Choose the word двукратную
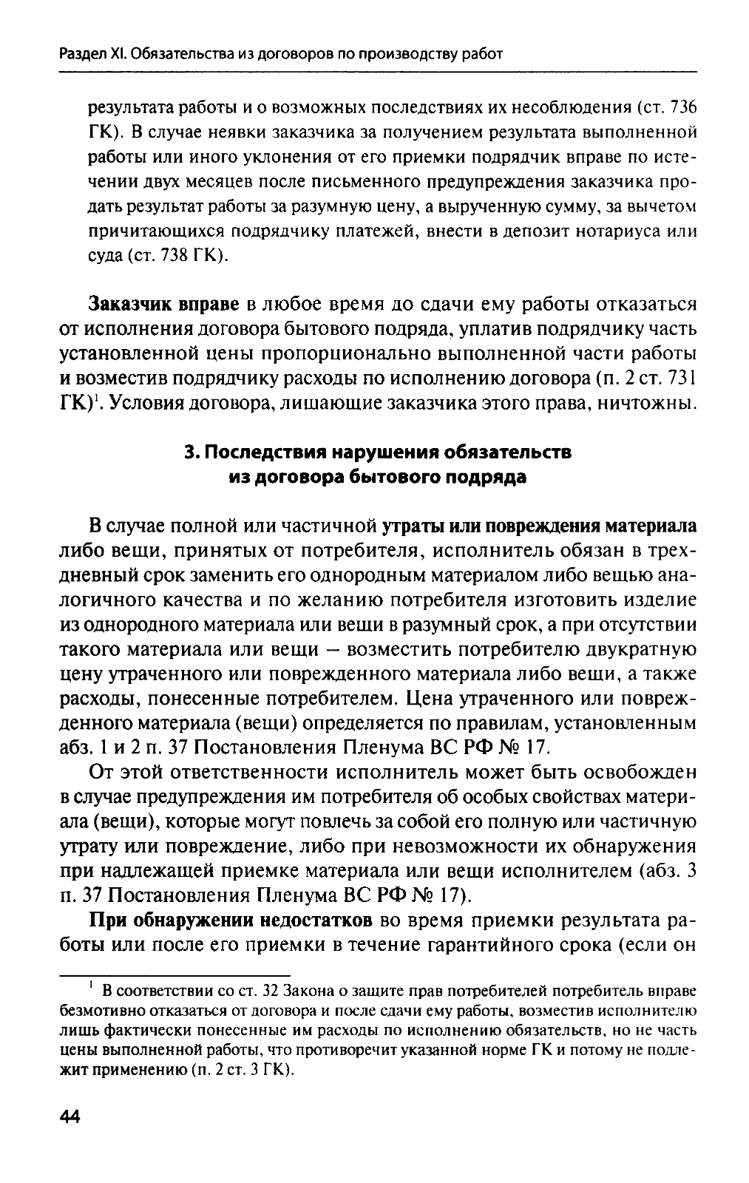643,650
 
